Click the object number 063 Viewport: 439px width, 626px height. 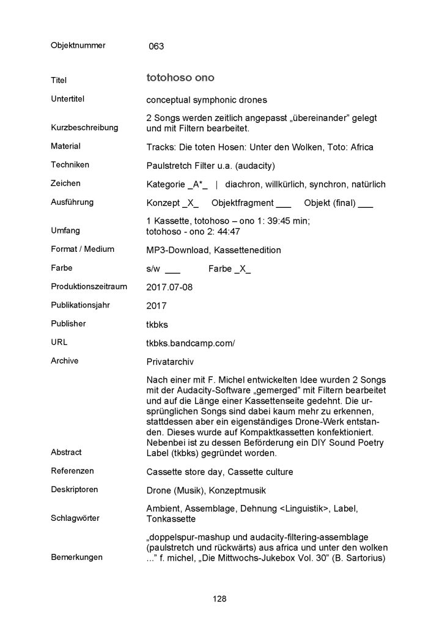156,46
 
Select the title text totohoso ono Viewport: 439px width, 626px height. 180,78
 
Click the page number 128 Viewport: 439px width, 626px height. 219,598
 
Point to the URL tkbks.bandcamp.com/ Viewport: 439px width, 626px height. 191,344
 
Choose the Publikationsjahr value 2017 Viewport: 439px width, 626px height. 157,306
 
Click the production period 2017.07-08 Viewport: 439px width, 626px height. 170,287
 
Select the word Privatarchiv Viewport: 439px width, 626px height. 172,362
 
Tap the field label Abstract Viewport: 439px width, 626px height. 65,452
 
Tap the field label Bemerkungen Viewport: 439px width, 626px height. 77,558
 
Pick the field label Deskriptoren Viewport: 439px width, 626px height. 75,490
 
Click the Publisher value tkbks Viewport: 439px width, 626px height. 158,325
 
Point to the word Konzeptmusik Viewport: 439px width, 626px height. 235,490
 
